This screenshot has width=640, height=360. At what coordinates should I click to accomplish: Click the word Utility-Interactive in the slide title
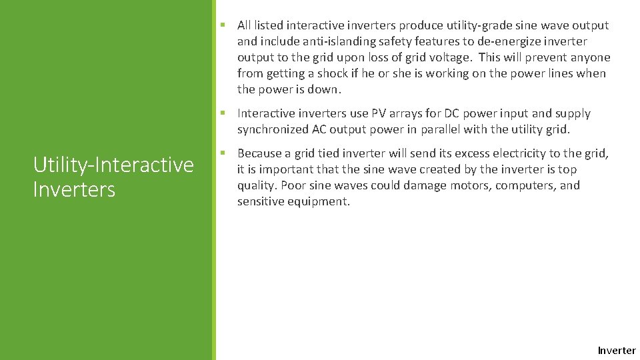coord(113,164)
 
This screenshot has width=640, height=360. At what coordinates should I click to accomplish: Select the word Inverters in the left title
coord(74,189)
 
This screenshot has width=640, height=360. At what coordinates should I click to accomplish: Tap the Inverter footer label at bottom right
coord(617,351)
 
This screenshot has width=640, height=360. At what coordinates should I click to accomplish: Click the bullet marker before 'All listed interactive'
coord(224,25)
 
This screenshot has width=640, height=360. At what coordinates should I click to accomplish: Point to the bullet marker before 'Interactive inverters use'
coord(224,113)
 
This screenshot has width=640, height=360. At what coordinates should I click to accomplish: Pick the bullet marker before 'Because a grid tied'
coord(224,153)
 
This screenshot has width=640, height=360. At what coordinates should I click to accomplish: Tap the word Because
coord(259,153)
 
